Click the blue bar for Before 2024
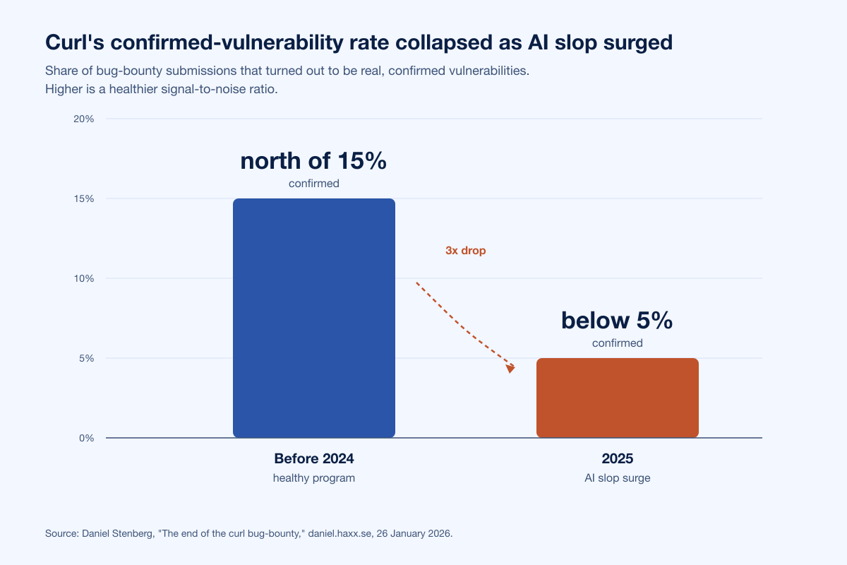[x=314, y=318]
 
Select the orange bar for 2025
[x=618, y=398]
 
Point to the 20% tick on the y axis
[x=83, y=119]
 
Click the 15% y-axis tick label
[x=83, y=198]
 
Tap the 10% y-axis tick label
[x=83, y=278]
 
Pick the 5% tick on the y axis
[x=87, y=358]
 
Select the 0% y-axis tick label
[x=87, y=438]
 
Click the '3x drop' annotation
[x=465, y=251]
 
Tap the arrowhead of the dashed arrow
[x=510, y=369]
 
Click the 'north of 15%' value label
[x=313, y=161]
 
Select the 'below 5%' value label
[x=617, y=321]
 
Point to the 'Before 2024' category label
[x=314, y=458]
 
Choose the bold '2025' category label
[x=618, y=458]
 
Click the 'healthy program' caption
[x=314, y=478]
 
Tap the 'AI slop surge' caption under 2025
[x=618, y=478]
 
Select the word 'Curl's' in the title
[x=75, y=42]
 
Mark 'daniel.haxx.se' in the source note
[x=340, y=534]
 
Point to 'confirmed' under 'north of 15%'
[x=314, y=184]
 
